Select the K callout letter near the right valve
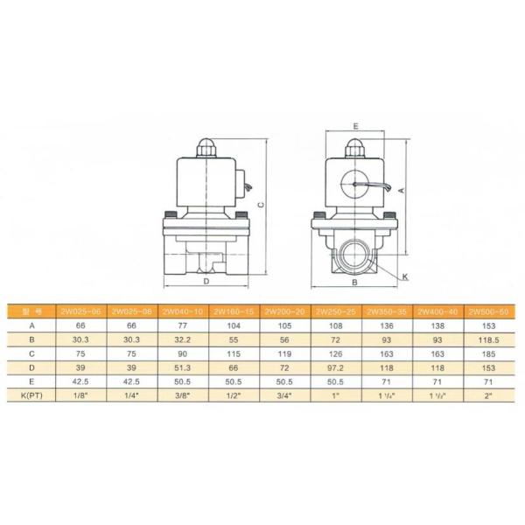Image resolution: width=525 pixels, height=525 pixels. (x=405, y=276)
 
